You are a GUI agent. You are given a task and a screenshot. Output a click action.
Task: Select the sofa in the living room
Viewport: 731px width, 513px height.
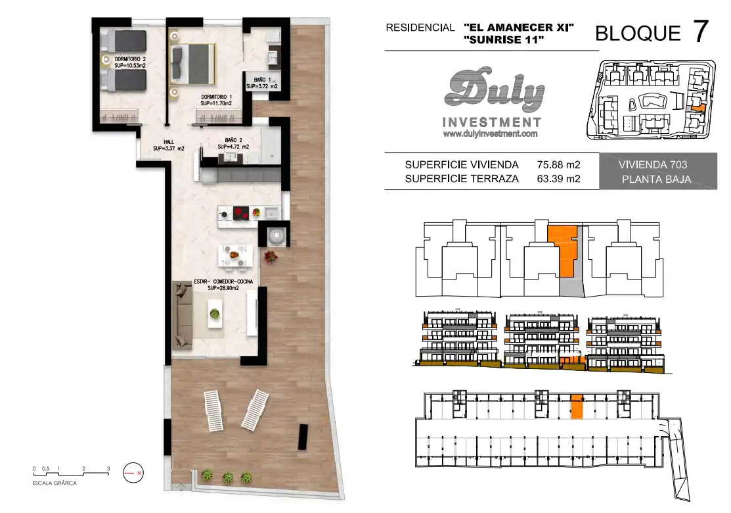(183, 315)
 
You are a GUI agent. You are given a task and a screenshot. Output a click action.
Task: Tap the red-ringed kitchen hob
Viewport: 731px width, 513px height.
(241, 213)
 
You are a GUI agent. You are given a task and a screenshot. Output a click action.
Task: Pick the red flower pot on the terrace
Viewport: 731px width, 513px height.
(271, 256)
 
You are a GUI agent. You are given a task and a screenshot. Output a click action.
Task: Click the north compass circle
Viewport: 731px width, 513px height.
(133, 473)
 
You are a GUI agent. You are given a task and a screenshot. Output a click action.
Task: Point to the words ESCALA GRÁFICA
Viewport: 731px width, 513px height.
(55, 483)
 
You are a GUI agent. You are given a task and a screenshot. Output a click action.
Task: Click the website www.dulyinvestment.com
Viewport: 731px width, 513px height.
(491, 134)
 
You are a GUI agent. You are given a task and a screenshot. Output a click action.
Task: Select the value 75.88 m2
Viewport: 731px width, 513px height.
(558, 165)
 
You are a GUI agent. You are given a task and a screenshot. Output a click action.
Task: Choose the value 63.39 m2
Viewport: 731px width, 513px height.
(558, 179)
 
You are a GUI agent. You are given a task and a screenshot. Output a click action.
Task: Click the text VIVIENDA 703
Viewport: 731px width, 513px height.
(653, 165)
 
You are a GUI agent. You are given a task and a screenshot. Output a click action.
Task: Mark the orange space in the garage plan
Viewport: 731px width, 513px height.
(577, 406)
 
